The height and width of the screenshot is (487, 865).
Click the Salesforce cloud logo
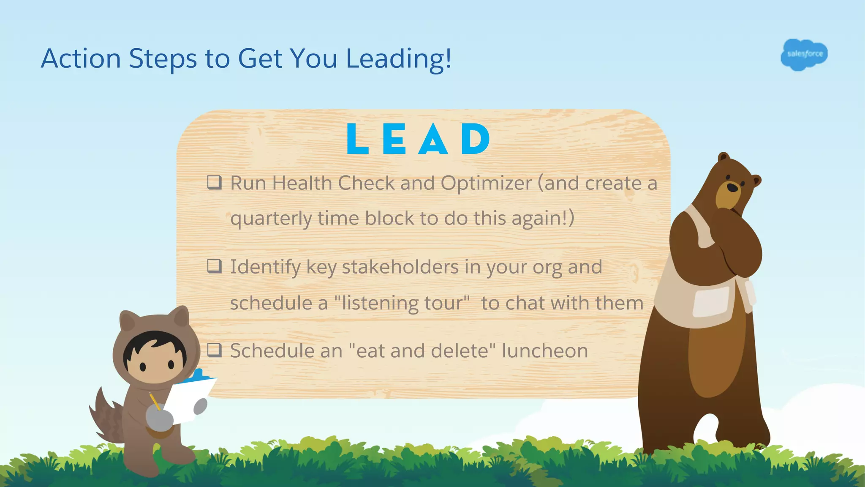click(x=804, y=55)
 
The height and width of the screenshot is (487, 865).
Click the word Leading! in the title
click(x=399, y=58)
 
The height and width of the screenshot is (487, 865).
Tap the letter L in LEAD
click(x=357, y=139)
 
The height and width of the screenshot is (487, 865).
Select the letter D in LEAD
click(x=475, y=139)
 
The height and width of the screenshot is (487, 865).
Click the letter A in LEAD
click(x=433, y=140)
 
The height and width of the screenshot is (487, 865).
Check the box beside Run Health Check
click(x=214, y=183)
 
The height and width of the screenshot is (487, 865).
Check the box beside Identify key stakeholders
click(x=214, y=266)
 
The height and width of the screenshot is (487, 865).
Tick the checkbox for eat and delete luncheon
click(x=214, y=350)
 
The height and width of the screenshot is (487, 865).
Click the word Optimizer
click(x=486, y=183)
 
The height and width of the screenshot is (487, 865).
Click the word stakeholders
click(x=400, y=267)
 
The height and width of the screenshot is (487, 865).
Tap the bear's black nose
click(x=733, y=187)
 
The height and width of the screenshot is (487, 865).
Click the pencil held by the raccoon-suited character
click(x=155, y=401)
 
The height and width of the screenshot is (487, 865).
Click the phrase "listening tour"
click(x=402, y=303)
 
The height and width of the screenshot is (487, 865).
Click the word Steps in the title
click(x=163, y=58)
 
